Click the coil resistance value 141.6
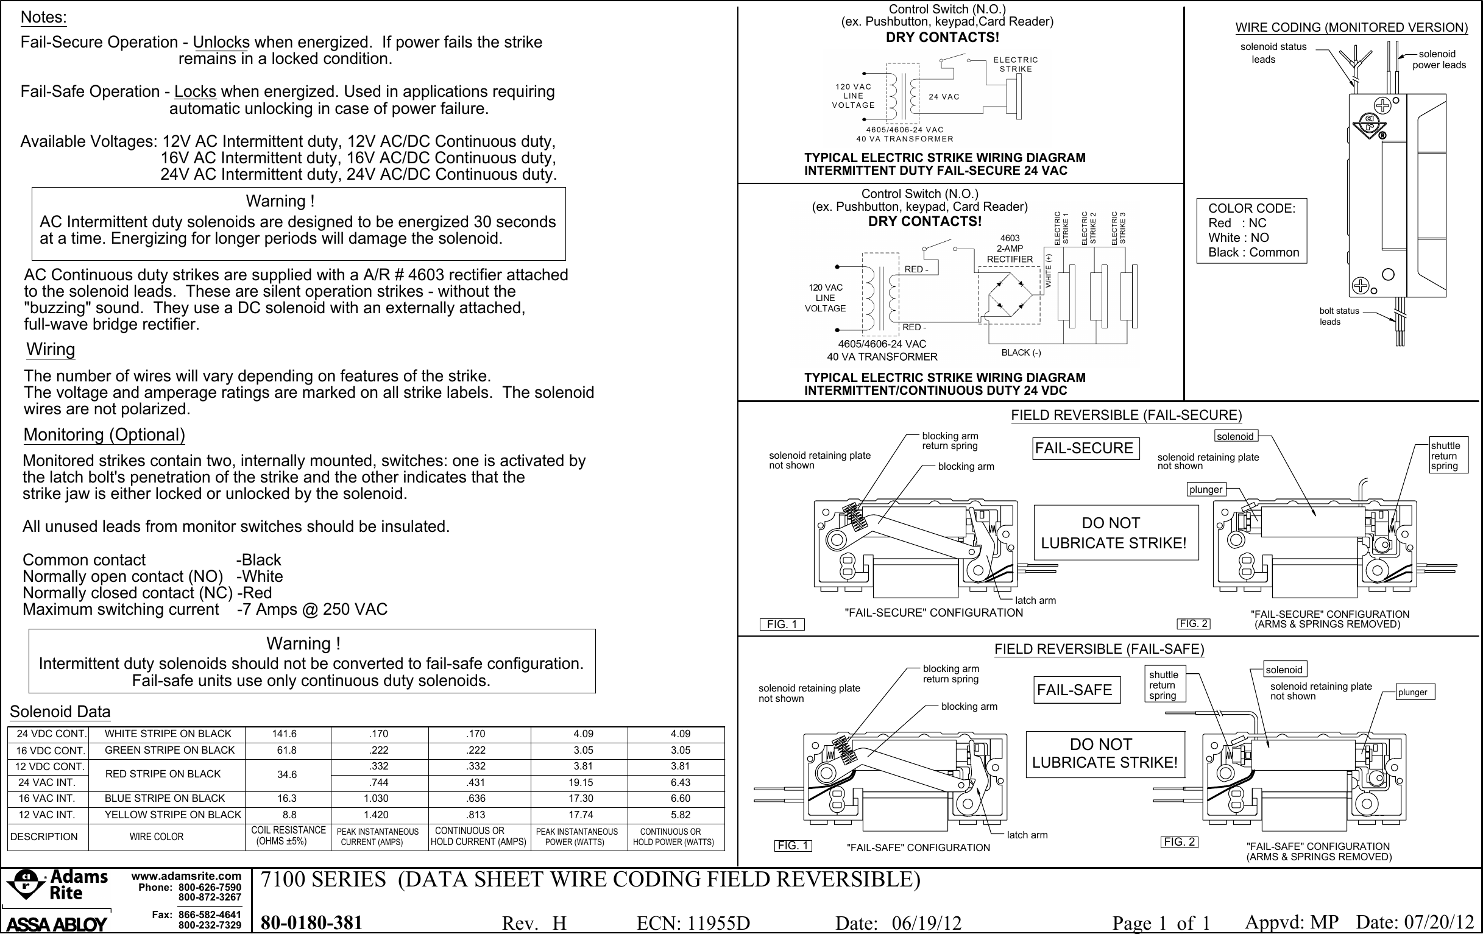point(285,734)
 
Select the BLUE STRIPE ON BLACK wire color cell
point(165,799)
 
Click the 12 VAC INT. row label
point(46,815)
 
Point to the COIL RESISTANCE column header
point(288,835)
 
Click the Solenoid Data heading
point(60,712)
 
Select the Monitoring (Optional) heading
point(104,434)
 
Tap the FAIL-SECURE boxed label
point(1084,448)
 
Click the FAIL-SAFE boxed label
point(1075,690)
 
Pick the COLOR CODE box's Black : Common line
point(1253,252)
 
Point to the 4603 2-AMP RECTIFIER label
point(1010,249)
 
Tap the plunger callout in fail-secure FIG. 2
point(1205,489)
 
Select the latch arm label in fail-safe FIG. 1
point(1027,835)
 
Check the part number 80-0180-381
point(311,922)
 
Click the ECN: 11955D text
point(693,923)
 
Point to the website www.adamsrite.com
point(186,876)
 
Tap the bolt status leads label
point(1338,316)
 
